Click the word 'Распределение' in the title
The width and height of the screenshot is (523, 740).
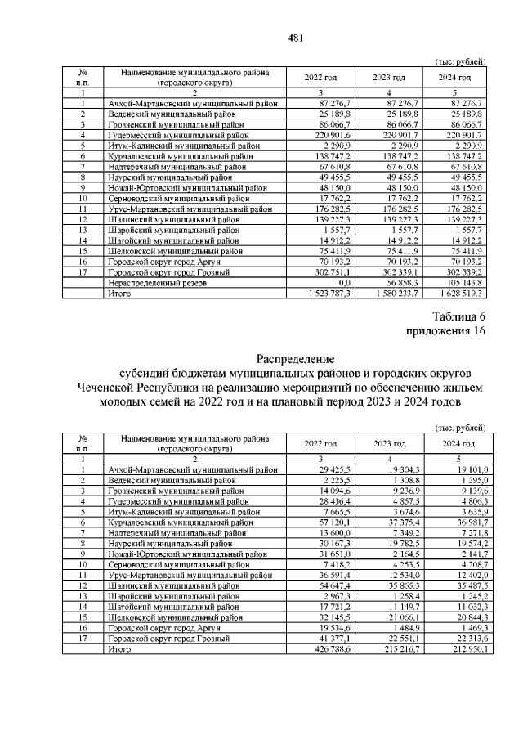pyautogui.click(x=295, y=358)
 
